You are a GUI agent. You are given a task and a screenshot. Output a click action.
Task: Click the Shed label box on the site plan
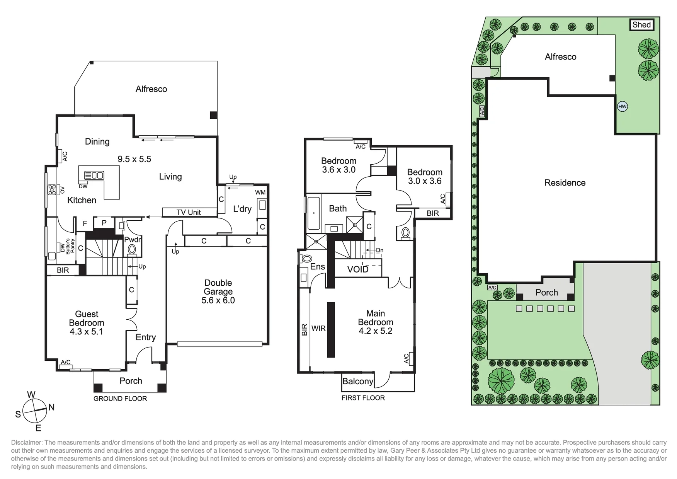tap(641, 25)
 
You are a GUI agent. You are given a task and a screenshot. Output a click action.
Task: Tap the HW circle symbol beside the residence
tap(622, 107)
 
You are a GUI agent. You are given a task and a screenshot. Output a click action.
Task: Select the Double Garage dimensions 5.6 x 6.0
tap(218, 300)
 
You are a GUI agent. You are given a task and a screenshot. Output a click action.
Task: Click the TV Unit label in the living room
tap(189, 212)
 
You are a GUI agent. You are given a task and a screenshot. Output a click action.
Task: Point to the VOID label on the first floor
tap(358, 269)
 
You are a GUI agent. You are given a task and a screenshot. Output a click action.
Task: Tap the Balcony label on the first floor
tap(358, 382)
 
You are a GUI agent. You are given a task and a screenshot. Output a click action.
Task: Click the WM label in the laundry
tap(260, 193)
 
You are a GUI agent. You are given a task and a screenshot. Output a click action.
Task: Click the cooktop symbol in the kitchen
tap(52, 190)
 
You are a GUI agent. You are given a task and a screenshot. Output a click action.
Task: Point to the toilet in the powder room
tap(132, 249)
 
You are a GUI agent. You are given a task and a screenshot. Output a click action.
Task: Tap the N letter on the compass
tap(51, 407)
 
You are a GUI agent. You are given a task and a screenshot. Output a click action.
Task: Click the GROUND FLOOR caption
tap(120, 399)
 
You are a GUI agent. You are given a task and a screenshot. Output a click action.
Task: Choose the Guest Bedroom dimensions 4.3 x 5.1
tap(86, 332)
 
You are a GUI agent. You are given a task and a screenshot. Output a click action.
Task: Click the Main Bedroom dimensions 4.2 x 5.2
tap(375, 331)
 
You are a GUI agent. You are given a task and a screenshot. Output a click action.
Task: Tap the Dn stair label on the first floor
tap(380, 250)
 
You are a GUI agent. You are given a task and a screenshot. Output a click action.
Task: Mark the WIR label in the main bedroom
tap(319, 328)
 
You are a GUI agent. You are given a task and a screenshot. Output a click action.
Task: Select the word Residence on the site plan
tap(565, 183)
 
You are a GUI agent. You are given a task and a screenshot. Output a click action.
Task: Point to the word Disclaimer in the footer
tap(27, 443)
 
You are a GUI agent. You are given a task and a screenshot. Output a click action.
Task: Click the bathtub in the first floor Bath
tap(313, 213)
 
